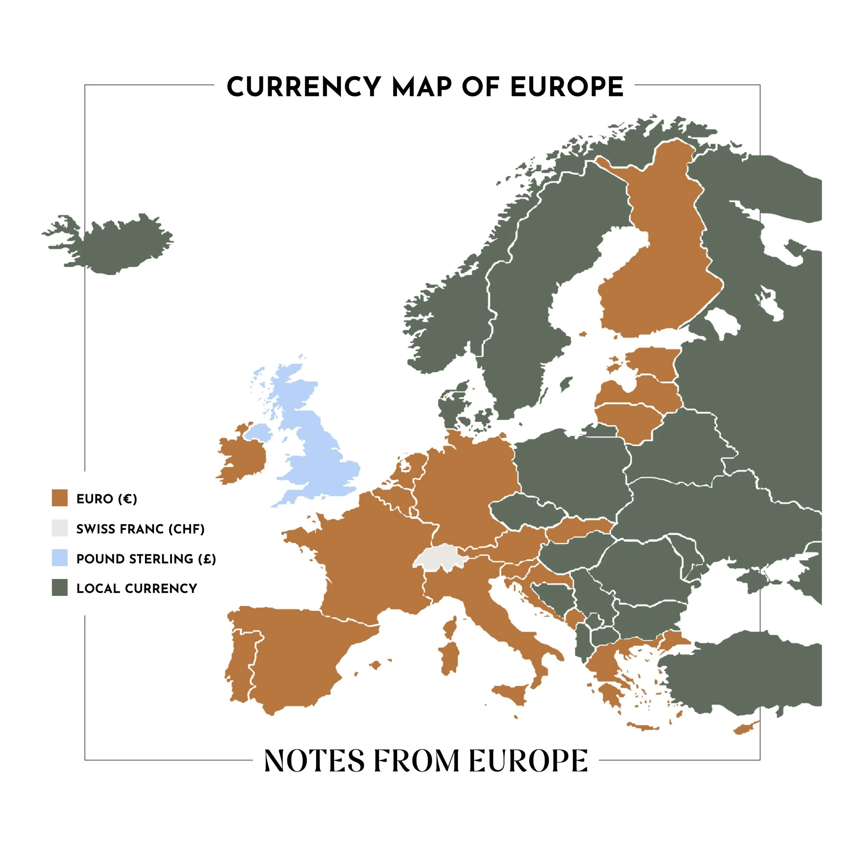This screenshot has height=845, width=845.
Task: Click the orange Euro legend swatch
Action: (59, 498)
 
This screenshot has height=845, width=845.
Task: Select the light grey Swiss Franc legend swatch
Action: (59, 528)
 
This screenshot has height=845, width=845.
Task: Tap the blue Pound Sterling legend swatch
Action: (59, 558)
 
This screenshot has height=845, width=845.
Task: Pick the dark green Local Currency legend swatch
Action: (59, 588)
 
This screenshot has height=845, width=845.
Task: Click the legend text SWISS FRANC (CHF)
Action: (140, 529)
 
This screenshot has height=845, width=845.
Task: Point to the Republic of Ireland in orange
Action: (242, 459)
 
